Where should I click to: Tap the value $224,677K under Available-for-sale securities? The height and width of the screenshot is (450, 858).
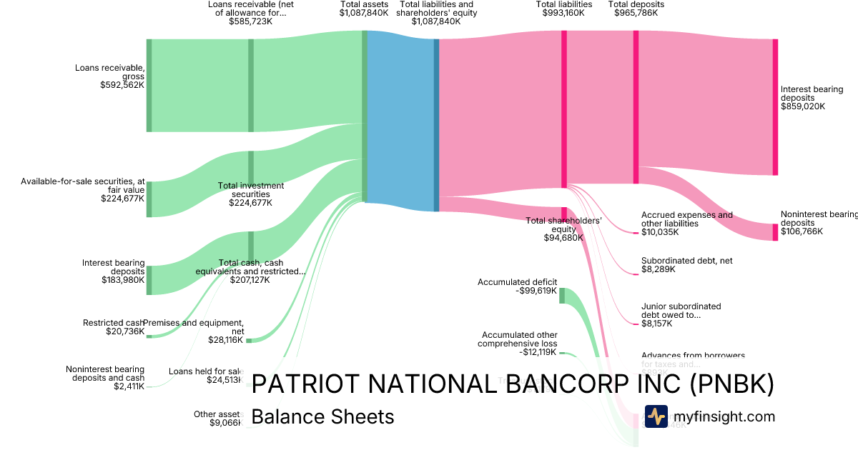pos(122,199)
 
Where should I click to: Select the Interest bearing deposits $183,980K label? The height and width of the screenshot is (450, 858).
pos(113,271)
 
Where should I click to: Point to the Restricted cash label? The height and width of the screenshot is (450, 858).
pos(112,323)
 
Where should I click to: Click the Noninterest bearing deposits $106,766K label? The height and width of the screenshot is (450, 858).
pos(819,223)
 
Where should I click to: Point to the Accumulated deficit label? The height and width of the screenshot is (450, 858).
pos(517,286)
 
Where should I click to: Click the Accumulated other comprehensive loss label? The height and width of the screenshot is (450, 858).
pos(519,343)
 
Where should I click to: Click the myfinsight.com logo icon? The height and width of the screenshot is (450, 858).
pos(656,416)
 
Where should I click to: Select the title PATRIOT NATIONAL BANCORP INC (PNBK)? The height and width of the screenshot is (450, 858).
pos(513,384)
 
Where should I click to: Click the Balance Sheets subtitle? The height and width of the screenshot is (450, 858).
pos(322,416)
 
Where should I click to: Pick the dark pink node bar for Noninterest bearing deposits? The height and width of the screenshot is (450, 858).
pos(775,232)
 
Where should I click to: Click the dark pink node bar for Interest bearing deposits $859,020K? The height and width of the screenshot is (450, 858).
pos(775,107)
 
